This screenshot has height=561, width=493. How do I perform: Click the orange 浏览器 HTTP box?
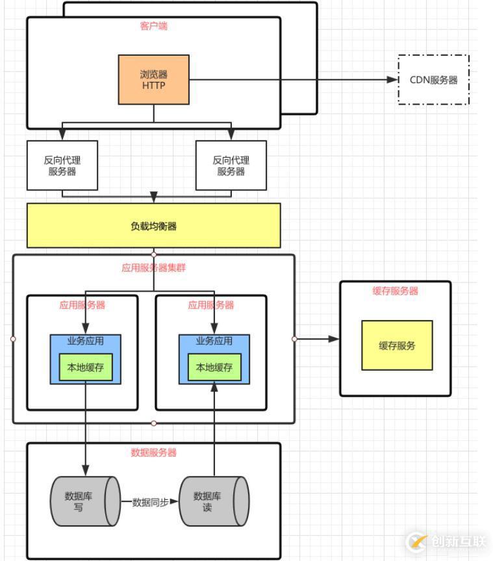click(153, 79)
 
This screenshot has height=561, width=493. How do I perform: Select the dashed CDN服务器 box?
click(433, 80)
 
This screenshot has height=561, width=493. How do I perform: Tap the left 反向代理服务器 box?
click(62, 166)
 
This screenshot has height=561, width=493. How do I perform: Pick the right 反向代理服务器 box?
click(231, 166)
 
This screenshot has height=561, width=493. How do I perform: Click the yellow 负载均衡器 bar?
click(153, 226)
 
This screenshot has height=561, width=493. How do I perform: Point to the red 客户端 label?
click(153, 26)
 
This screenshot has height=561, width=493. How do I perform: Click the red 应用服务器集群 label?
click(153, 267)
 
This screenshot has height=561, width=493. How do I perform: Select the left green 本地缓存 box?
click(86, 368)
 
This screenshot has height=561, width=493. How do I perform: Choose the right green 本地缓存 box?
click(214, 368)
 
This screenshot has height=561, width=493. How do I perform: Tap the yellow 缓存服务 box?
click(397, 345)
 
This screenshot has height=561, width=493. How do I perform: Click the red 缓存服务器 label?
click(395, 291)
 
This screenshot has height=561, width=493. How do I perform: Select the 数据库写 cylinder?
click(84, 502)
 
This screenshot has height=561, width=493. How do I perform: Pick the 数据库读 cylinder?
click(213, 502)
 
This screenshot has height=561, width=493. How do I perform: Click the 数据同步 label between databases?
click(150, 502)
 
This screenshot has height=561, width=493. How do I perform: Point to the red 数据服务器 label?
click(153, 453)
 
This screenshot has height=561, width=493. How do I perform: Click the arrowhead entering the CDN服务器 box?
click(392, 80)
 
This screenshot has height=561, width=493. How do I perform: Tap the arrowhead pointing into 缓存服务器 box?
click(334, 339)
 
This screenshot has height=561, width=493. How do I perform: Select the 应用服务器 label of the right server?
click(211, 305)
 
